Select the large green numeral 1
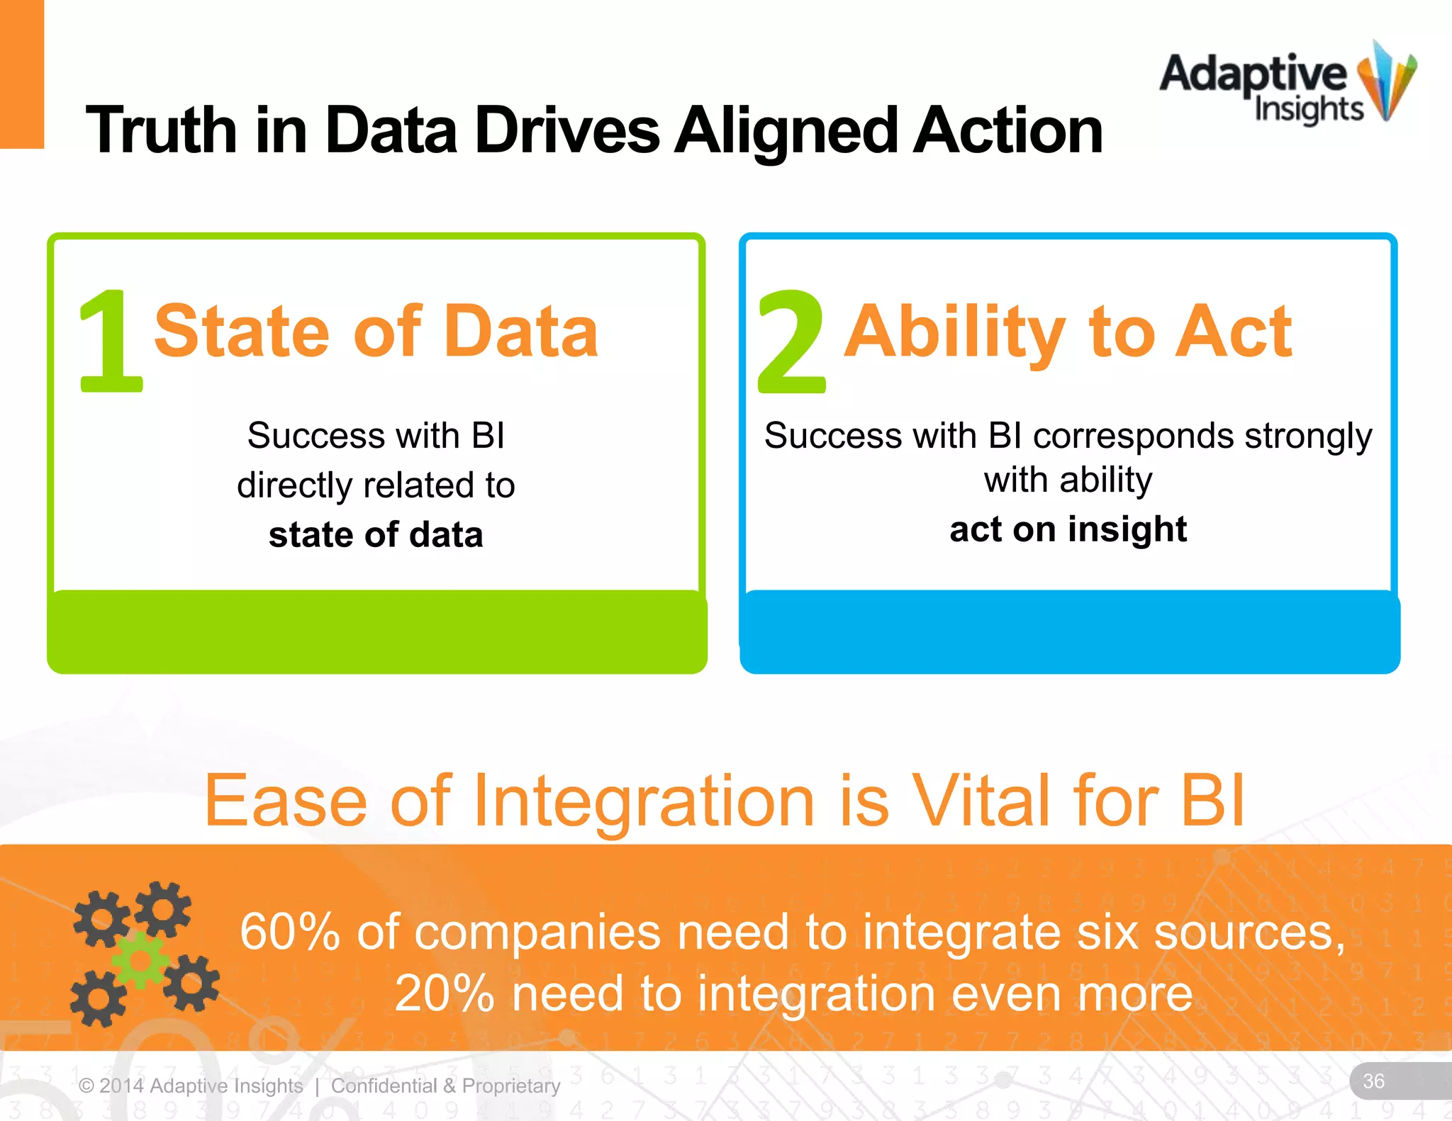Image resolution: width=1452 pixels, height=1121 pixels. (x=110, y=341)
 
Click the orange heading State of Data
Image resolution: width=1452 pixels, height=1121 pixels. (x=376, y=331)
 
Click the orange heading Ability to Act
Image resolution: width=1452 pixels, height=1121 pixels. (x=1068, y=331)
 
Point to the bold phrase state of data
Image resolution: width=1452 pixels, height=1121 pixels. (x=376, y=534)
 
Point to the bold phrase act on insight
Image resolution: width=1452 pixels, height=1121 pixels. (x=1068, y=529)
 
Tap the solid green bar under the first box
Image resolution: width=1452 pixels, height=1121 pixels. (x=376, y=631)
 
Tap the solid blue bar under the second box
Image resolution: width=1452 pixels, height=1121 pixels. (x=1069, y=631)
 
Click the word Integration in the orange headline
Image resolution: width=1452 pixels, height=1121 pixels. (x=644, y=801)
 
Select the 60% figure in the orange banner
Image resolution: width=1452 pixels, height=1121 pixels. (x=290, y=932)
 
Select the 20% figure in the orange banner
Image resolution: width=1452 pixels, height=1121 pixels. (x=444, y=993)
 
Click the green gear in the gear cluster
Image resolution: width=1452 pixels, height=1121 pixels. (x=140, y=960)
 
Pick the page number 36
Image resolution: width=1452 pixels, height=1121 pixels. (x=1373, y=1081)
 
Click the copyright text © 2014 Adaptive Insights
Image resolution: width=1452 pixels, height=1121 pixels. (x=191, y=1086)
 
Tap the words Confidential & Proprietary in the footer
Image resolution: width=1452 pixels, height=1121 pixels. (x=445, y=1086)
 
